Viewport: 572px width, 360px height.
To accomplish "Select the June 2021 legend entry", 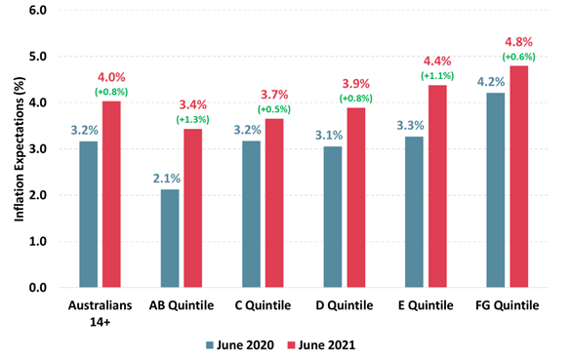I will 320,344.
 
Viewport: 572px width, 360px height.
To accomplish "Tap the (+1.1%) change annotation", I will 436,76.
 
